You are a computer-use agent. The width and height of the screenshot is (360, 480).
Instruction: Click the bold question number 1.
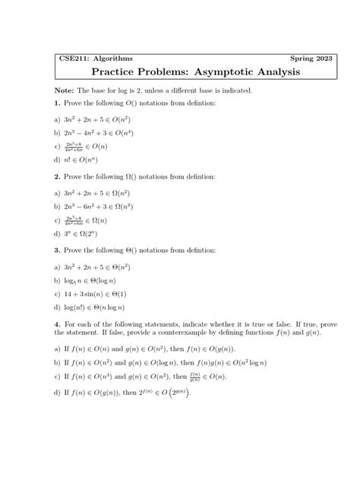[x=58, y=103]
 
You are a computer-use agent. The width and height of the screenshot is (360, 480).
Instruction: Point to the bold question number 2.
[x=58, y=176]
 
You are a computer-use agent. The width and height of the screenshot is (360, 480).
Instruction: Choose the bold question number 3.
[x=58, y=249]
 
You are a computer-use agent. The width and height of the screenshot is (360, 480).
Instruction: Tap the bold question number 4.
[x=58, y=324]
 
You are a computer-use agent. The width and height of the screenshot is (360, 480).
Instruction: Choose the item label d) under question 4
[x=58, y=393]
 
